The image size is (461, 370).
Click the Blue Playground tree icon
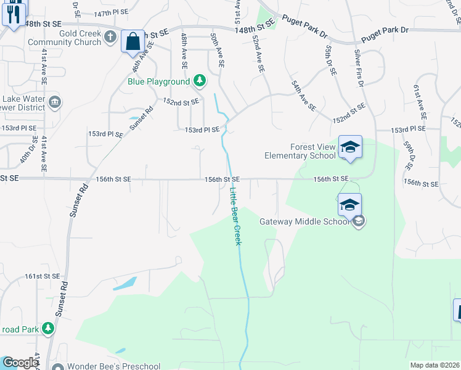click(x=199, y=81)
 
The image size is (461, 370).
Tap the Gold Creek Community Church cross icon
click(x=111, y=37)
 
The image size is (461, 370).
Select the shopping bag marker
click(x=133, y=41)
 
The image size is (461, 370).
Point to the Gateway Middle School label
click(x=304, y=222)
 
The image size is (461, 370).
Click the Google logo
click(x=20, y=363)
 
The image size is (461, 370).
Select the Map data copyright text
click(x=435, y=365)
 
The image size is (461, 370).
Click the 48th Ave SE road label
click(x=184, y=51)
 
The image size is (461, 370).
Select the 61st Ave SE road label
click(x=421, y=103)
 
